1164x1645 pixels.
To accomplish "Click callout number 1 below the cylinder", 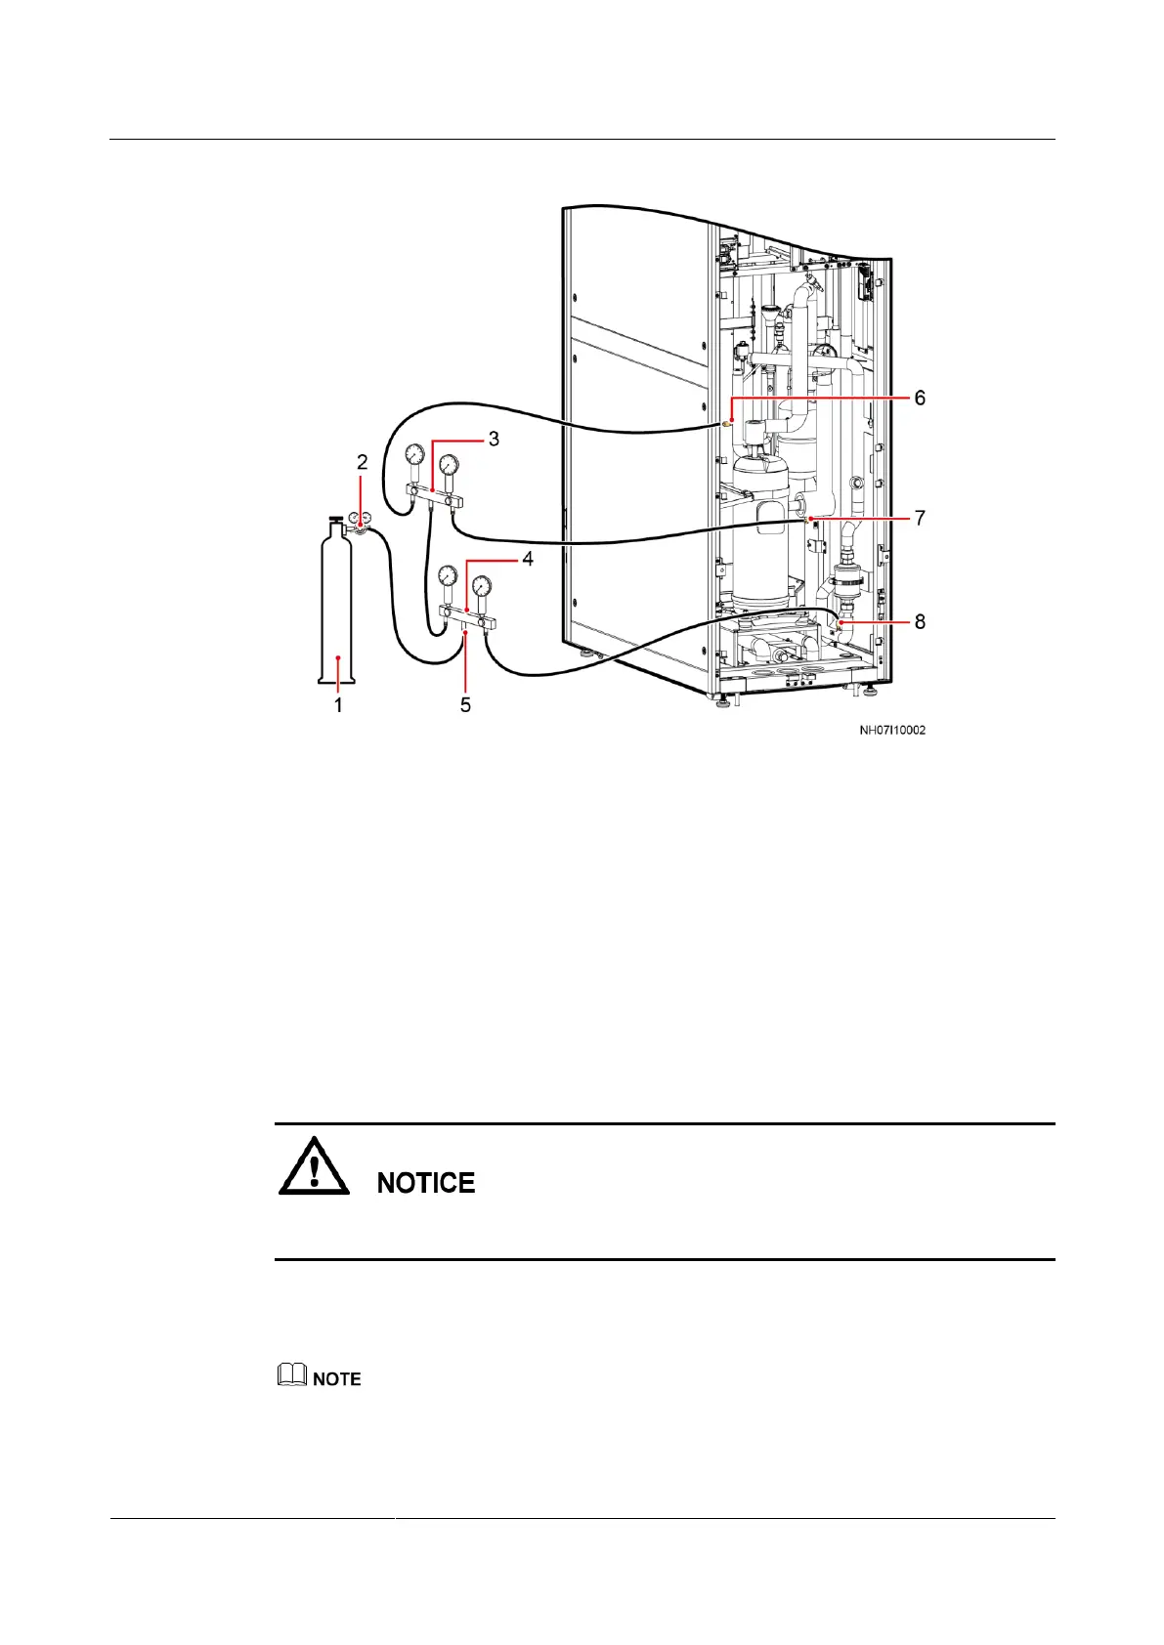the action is (x=338, y=704).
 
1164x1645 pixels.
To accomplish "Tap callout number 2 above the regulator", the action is (x=362, y=462).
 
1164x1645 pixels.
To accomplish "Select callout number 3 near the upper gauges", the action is (x=494, y=440).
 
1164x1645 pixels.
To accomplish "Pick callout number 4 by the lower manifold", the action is (x=527, y=560).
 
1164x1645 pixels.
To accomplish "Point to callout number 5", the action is (x=465, y=704).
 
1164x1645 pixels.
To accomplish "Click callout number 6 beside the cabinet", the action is (x=919, y=399).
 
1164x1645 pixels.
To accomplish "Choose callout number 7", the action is (x=919, y=518).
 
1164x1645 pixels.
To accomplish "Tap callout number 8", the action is (x=919, y=621).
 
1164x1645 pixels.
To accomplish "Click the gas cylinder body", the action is (x=337, y=606).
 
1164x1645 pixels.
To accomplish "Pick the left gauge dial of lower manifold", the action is (x=448, y=574).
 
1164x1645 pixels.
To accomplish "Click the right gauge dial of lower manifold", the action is (x=482, y=585).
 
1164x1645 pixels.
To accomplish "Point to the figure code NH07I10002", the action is (x=892, y=730).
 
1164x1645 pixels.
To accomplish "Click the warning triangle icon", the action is (x=314, y=1167).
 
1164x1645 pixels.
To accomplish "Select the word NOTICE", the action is (x=426, y=1183).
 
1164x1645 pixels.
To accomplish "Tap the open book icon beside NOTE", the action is (x=290, y=1376).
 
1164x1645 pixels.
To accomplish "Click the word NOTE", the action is (x=337, y=1379).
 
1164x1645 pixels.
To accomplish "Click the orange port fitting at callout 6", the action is (x=727, y=424).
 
